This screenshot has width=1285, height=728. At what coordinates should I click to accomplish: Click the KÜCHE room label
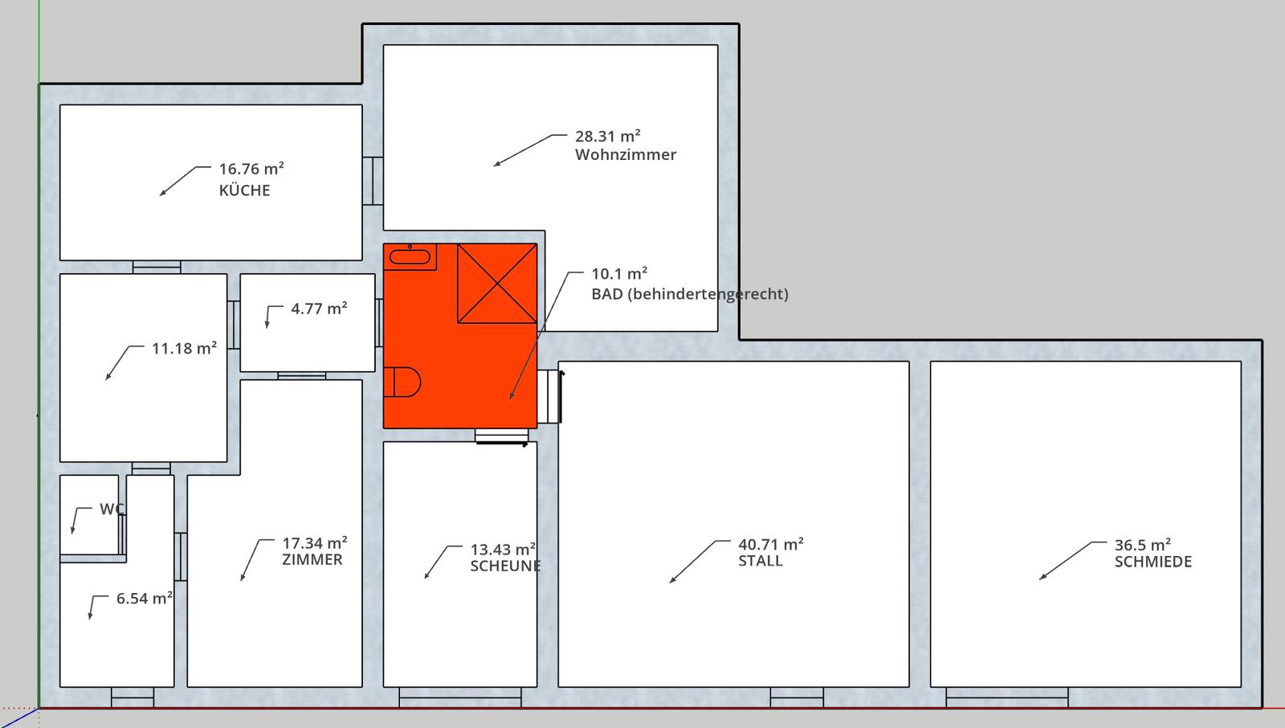coord(244,190)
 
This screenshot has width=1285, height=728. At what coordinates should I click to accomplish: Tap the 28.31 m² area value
coord(607,136)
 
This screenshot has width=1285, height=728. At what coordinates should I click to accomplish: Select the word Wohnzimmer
coord(626,154)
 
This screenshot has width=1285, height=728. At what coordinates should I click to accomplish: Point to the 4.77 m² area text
coord(319,309)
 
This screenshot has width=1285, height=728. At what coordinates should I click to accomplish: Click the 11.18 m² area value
coord(184,348)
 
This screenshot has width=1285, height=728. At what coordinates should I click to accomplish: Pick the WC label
coord(112,509)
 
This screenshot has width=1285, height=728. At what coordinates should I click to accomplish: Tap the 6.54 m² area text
coord(145,599)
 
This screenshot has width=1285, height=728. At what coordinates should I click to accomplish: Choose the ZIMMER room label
coord(312,559)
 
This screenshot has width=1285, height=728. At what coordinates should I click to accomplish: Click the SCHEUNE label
coord(505,566)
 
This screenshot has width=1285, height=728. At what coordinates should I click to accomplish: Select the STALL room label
coord(760,560)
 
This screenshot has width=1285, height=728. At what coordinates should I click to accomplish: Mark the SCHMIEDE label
coord(1152,561)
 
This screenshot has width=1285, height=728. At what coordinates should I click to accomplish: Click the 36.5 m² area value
coord(1142,544)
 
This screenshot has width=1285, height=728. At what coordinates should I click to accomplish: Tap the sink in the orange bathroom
coord(410,256)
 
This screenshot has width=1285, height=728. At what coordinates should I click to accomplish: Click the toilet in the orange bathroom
coord(402,382)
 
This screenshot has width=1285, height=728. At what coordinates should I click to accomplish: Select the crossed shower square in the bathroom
coord(497,283)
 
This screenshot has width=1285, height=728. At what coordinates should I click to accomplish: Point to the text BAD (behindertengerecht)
coord(690,294)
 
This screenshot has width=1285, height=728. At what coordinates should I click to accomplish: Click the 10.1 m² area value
coord(619,273)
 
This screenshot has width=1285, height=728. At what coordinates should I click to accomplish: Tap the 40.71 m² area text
coord(770,544)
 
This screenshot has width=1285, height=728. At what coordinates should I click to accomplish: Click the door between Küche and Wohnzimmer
coord(373,181)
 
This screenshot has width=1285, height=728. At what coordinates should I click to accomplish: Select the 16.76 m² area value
coord(251,169)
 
